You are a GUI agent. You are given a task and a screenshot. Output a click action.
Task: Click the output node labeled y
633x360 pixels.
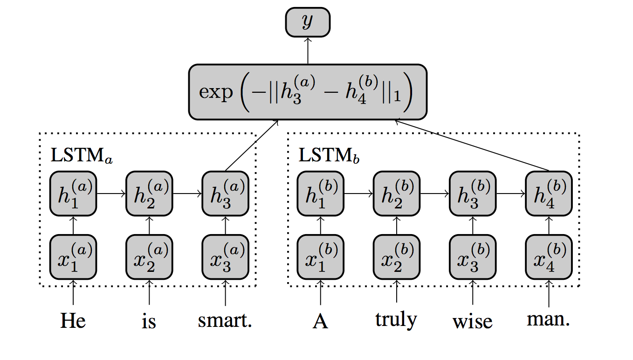click(308, 22)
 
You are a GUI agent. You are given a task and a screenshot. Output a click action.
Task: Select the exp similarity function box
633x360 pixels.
click(308, 92)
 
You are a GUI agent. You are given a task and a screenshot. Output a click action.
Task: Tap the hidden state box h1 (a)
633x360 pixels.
click(73, 194)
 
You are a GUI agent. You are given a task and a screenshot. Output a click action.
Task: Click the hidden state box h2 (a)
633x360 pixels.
click(149, 194)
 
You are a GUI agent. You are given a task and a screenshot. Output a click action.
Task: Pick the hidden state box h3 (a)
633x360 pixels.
click(225, 194)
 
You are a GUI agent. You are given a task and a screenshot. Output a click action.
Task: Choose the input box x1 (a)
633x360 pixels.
click(73, 256)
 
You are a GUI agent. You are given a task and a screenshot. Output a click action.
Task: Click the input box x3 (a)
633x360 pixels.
click(225, 256)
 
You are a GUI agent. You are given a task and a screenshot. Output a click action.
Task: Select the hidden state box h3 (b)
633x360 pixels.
click(472, 194)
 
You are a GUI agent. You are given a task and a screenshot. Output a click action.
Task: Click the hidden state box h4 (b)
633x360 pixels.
click(548, 194)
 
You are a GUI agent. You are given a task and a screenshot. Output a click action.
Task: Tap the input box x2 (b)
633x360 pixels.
click(397, 256)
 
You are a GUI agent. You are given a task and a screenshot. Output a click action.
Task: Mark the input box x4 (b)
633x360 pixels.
click(548, 256)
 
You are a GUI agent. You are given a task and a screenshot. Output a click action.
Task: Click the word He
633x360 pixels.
click(73, 321)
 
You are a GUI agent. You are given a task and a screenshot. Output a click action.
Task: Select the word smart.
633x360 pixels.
click(225, 321)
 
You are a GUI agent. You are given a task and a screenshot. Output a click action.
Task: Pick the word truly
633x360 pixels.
click(397, 320)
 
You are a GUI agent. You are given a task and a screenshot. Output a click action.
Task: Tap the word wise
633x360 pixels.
click(472, 321)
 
